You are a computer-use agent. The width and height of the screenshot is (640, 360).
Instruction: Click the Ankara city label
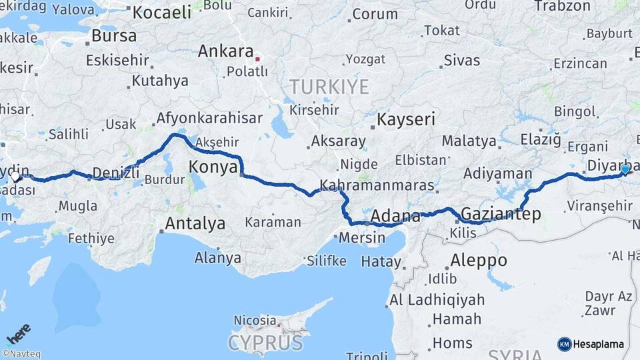pyautogui.click(x=225, y=51)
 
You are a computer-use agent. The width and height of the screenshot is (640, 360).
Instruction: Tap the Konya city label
pyautogui.click(x=213, y=167)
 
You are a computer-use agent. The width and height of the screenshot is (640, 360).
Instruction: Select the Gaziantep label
pyautogui.click(x=501, y=214)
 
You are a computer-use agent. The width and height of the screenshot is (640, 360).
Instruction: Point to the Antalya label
pyautogui.click(x=195, y=223)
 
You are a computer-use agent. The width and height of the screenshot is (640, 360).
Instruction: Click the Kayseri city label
pyautogui.click(x=406, y=120)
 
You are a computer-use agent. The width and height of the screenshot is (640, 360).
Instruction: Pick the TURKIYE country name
pyautogui.click(x=329, y=87)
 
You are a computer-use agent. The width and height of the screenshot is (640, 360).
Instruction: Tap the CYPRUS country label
pyautogui.click(x=265, y=343)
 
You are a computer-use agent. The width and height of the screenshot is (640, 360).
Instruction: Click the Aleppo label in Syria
pyautogui.click(x=478, y=260)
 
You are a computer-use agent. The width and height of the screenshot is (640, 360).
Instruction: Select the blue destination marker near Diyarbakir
pyautogui.click(x=625, y=169)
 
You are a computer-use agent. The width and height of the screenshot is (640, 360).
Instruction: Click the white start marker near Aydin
pyautogui.click(x=16, y=177)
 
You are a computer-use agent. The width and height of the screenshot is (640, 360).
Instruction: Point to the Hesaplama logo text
pyautogui.click(x=598, y=344)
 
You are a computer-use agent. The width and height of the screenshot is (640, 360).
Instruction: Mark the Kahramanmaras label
pyautogui.click(x=377, y=185)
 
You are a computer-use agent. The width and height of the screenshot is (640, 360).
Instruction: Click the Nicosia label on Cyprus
pyautogui.click(x=254, y=321)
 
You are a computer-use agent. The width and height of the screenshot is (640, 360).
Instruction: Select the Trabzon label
pyautogui.click(x=562, y=6)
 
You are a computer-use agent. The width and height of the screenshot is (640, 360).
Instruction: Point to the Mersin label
pyautogui.click(x=362, y=237)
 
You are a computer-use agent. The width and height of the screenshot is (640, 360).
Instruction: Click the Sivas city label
pyautogui.click(x=462, y=60)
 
